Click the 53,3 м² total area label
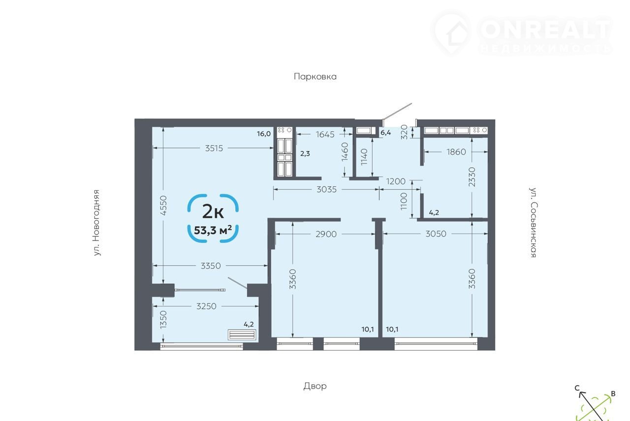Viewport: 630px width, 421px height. [213, 230]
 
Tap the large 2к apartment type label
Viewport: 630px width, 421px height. [213, 212]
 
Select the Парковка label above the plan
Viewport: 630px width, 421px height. [315, 76]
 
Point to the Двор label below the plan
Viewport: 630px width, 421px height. [315, 386]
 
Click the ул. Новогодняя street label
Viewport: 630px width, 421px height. [96, 223]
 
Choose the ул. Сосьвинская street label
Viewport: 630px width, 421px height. [533, 222]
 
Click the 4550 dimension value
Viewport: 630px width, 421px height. [163, 206]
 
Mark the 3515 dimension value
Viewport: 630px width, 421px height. [214, 148]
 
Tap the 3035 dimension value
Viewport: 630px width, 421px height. [326, 189]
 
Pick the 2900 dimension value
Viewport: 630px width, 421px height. [326, 234]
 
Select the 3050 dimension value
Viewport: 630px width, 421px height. [436, 234]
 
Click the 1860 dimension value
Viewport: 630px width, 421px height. [456, 152]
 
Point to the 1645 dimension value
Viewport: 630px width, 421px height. [325, 134]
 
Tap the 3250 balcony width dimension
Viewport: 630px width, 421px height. [206, 306]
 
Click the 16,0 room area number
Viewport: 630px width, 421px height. [263, 134]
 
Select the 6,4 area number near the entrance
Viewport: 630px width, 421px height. [385, 133]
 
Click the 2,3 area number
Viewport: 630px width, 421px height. [305, 153]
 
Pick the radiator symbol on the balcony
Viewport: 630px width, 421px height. [242, 335]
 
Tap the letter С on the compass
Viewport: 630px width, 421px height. [577, 388]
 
